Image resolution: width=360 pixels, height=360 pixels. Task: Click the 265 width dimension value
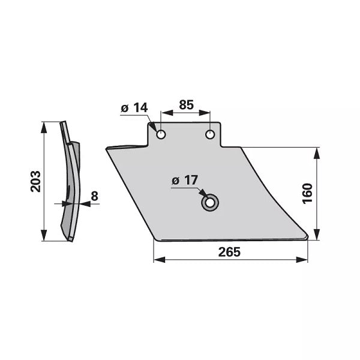tap(229, 252)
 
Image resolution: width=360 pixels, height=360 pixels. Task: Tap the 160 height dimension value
tap(308, 193)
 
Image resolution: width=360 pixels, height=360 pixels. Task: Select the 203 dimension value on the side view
tap(35, 181)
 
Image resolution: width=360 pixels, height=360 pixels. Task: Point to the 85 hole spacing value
tap(186, 104)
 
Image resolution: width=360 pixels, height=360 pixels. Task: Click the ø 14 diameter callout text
tap(134, 107)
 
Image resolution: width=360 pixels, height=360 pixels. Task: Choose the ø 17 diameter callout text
tap(185, 180)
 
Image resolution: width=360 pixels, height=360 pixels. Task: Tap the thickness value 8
tap(94, 196)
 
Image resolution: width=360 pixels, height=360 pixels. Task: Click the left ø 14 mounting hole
tap(161, 134)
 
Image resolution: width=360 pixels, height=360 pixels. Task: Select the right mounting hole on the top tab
tap(210, 134)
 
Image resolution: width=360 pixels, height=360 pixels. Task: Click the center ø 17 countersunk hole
tap(209, 203)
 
